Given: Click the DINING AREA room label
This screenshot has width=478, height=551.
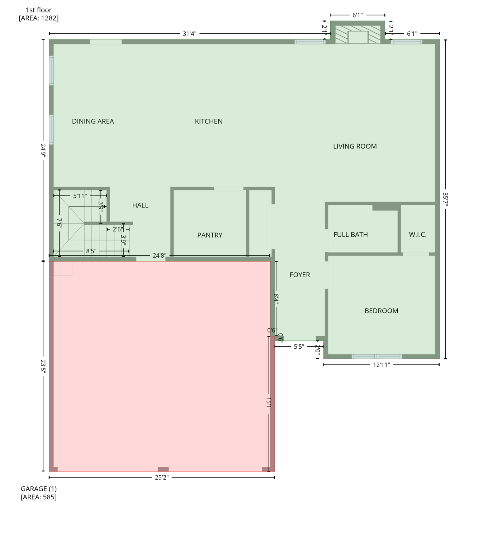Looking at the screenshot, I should tap(93, 121).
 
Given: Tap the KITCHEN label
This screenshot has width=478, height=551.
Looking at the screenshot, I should tap(209, 121).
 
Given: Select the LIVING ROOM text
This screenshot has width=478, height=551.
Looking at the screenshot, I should tap(355, 146).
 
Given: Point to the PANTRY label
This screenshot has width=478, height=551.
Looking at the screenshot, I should tap(210, 235).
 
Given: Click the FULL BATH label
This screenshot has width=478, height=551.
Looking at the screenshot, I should tap(350, 235).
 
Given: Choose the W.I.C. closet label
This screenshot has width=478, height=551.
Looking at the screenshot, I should tap(417, 235).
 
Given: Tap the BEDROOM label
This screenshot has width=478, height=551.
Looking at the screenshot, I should tap(381, 311).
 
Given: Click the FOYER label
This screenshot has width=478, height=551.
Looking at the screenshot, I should tap(300, 275).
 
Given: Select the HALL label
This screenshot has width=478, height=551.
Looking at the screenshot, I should tap(140, 205).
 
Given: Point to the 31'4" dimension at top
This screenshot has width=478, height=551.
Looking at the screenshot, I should tap(189, 34).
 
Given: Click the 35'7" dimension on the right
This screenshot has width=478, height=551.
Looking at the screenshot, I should tap(445, 199).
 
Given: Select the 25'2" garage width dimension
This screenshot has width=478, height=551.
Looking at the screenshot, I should tap(161, 477).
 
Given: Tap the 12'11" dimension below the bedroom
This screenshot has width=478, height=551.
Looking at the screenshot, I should tap(381, 365).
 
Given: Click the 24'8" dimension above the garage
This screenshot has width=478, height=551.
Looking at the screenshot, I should tap(159, 256).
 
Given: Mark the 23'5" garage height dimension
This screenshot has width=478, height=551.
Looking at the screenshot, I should tap(43, 366).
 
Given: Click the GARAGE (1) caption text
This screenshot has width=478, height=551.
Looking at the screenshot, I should tap(38, 489).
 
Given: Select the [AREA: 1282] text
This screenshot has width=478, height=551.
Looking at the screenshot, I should tap(38, 18).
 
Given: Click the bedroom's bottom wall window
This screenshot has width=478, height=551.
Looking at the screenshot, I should tap(377, 357).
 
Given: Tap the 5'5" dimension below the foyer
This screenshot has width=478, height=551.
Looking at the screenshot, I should tap(299, 347).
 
